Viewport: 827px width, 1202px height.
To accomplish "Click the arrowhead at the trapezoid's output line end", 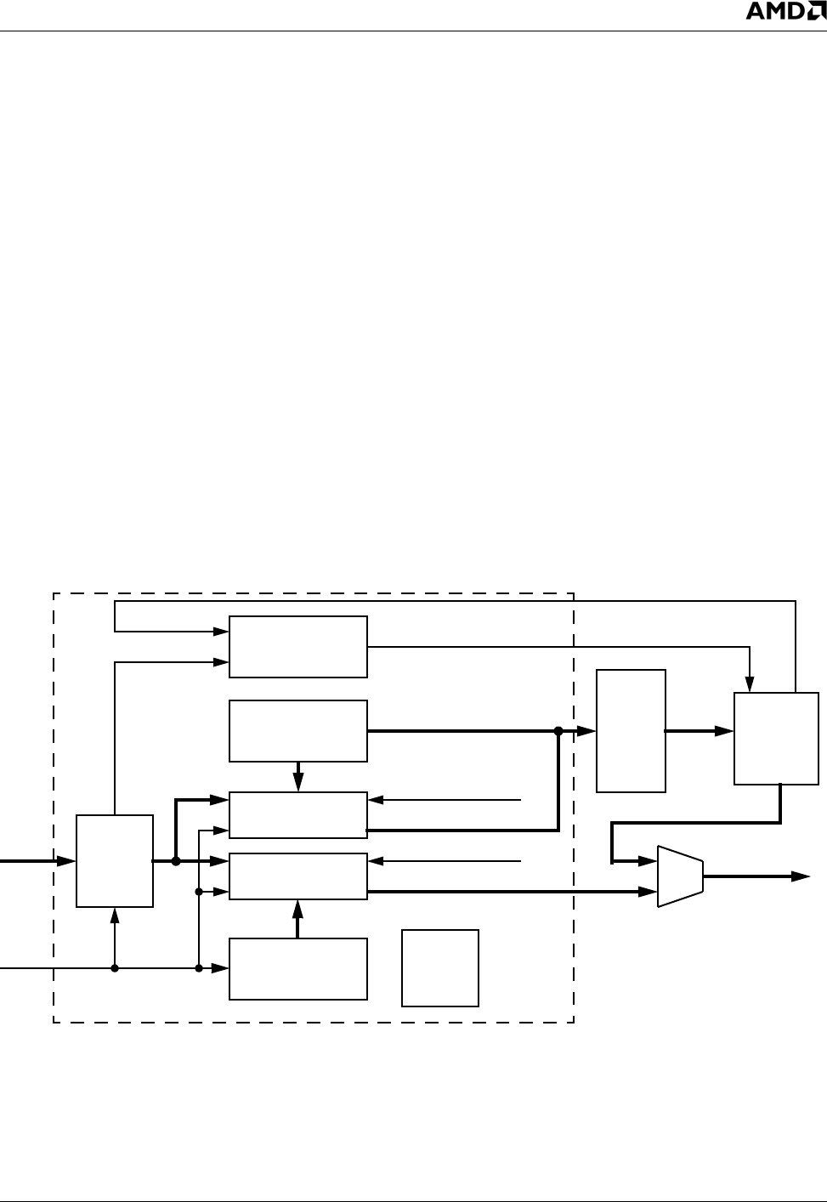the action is [x=801, y=876].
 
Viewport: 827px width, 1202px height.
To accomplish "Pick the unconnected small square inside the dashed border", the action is [x=440, y=968].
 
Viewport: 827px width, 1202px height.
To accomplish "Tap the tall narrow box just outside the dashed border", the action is [x=631, y=731].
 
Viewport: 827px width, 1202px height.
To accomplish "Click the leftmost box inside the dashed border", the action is [x=115, y=861].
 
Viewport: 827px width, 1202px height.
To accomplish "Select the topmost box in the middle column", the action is [x=298, y=647].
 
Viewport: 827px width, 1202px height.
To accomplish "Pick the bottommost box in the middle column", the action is [x=298, y=969].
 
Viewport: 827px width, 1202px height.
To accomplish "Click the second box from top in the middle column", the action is [x=298, y=731].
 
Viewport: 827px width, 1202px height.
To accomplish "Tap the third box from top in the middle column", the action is [x=298, y=815].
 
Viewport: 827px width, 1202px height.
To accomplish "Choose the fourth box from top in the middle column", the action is [x=298, y=876].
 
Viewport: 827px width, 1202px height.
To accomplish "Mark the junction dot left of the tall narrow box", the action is [x=558, y=731].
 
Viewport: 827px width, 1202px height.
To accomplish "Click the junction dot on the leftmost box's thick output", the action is [x=176, y=861].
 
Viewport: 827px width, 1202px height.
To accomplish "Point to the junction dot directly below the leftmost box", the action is [x=115, y=968].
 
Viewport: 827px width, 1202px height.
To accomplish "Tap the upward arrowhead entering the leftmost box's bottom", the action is [x=115, y=914].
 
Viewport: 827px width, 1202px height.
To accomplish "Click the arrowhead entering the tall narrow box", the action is [x=589, y=731].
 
